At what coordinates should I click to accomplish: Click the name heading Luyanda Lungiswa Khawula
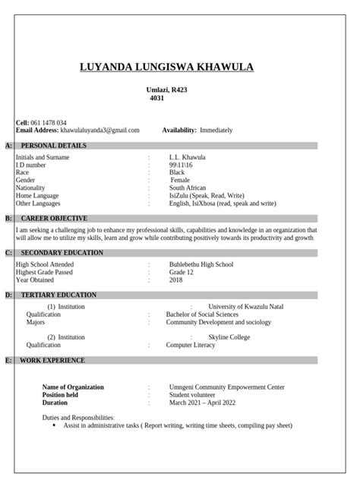167,68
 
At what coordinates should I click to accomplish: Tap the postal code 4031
157,98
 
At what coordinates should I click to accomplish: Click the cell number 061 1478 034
49,122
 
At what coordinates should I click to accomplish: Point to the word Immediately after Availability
217,130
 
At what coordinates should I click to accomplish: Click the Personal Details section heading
53,145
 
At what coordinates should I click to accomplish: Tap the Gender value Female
180,180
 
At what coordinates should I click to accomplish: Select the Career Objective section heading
54,218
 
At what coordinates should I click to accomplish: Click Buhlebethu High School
201,264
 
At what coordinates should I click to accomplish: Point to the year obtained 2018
176,279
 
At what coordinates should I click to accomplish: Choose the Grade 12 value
182,272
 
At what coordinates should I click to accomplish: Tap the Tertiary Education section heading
58,294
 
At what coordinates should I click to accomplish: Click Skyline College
229,336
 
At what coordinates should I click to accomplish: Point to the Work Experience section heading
52,360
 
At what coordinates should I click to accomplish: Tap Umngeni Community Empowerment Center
227,387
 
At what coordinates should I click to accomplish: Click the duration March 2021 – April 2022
202,403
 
